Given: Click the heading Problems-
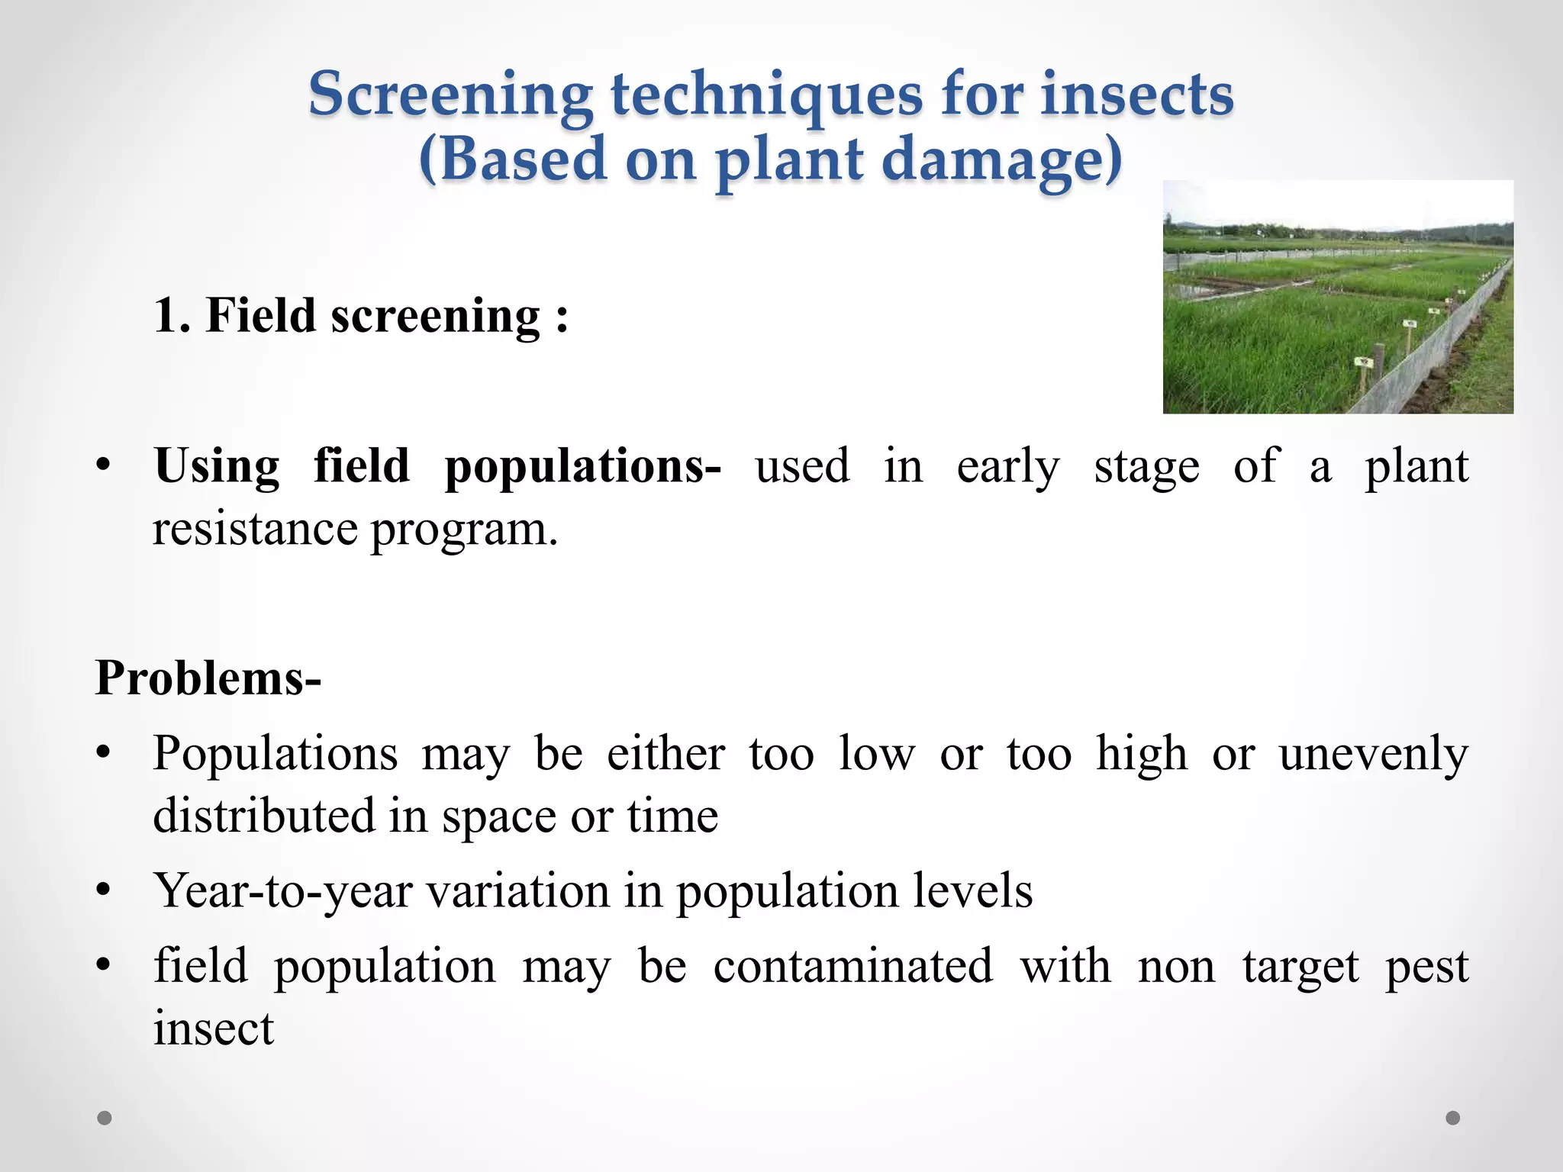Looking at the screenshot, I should (x=208, y=678).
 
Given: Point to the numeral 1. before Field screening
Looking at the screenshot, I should (x=172, y=315).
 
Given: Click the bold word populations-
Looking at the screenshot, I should (x=582, y=467).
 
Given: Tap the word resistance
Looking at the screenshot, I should (x=255, y=528).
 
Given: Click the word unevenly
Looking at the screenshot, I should (x=1373, y=755).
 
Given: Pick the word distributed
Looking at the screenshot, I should (x=264, y=815).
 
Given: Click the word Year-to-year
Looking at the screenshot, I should (x=282, y=891).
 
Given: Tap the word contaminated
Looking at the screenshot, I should (x=852, y=966).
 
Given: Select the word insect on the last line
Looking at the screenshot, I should (x=213, y=1028).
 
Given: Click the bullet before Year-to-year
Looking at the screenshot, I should (x=105, y=890).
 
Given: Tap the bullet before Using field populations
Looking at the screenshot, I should (x=105, y=465).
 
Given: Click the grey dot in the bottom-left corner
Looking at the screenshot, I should (x=105, y=1118).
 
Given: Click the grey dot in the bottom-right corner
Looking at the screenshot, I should (x=1453, y=1118).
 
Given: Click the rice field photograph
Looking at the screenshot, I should (x=1337, y=298).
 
